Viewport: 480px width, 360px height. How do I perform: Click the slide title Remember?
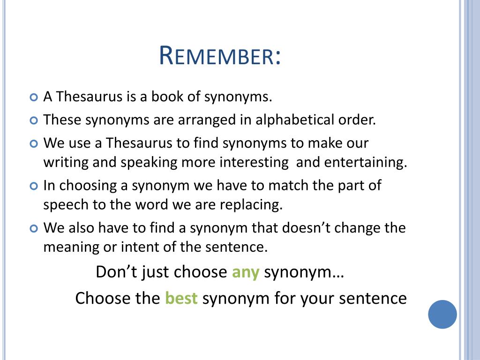point(220,56)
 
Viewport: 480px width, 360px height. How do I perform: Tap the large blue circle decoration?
point(442,315)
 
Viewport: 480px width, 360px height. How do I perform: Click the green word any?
point(246,272)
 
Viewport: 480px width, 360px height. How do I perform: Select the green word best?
point(181,299)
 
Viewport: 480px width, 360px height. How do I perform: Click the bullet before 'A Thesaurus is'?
point(33,98)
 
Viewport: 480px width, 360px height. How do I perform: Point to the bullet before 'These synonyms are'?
point(33,120)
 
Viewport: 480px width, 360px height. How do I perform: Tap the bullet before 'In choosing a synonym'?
point(33,186)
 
